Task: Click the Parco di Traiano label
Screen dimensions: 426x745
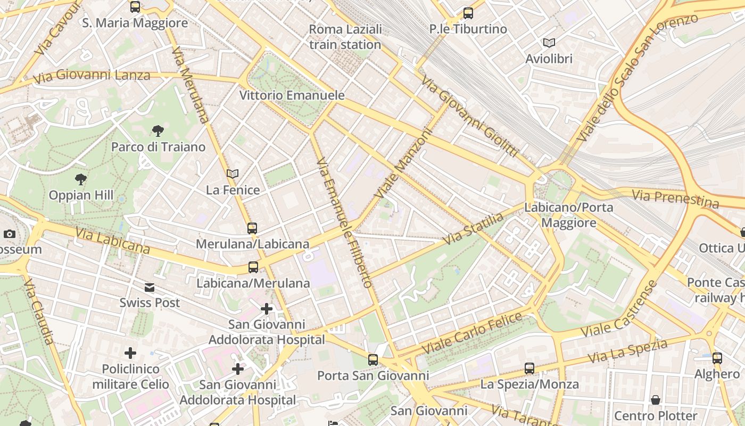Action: (158, 147)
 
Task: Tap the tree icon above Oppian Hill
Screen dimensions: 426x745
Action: (81, 179)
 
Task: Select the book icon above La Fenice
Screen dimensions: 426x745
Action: (233, 174)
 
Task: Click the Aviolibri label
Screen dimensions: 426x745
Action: (549, 59)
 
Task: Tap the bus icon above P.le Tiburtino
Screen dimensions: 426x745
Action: (468, 13)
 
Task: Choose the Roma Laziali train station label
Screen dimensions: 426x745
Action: (345, 37)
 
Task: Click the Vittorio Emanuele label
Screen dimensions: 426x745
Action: (292, 95)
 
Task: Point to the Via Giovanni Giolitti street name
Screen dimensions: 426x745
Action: (469, 117)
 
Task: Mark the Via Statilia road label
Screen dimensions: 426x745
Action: (473, 229)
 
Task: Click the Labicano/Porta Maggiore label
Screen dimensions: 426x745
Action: (569, 215)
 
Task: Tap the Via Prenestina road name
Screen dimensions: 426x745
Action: (675, 198)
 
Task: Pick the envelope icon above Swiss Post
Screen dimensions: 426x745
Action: (150, 288)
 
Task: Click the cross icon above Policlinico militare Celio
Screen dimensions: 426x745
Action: (130, 353)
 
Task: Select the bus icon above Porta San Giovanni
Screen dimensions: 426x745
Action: (373, 360)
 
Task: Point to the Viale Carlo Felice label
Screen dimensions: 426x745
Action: (473, 333)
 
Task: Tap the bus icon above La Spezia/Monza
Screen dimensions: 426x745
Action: (529, 368)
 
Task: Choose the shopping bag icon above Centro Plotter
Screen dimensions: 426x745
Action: (656, 400)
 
